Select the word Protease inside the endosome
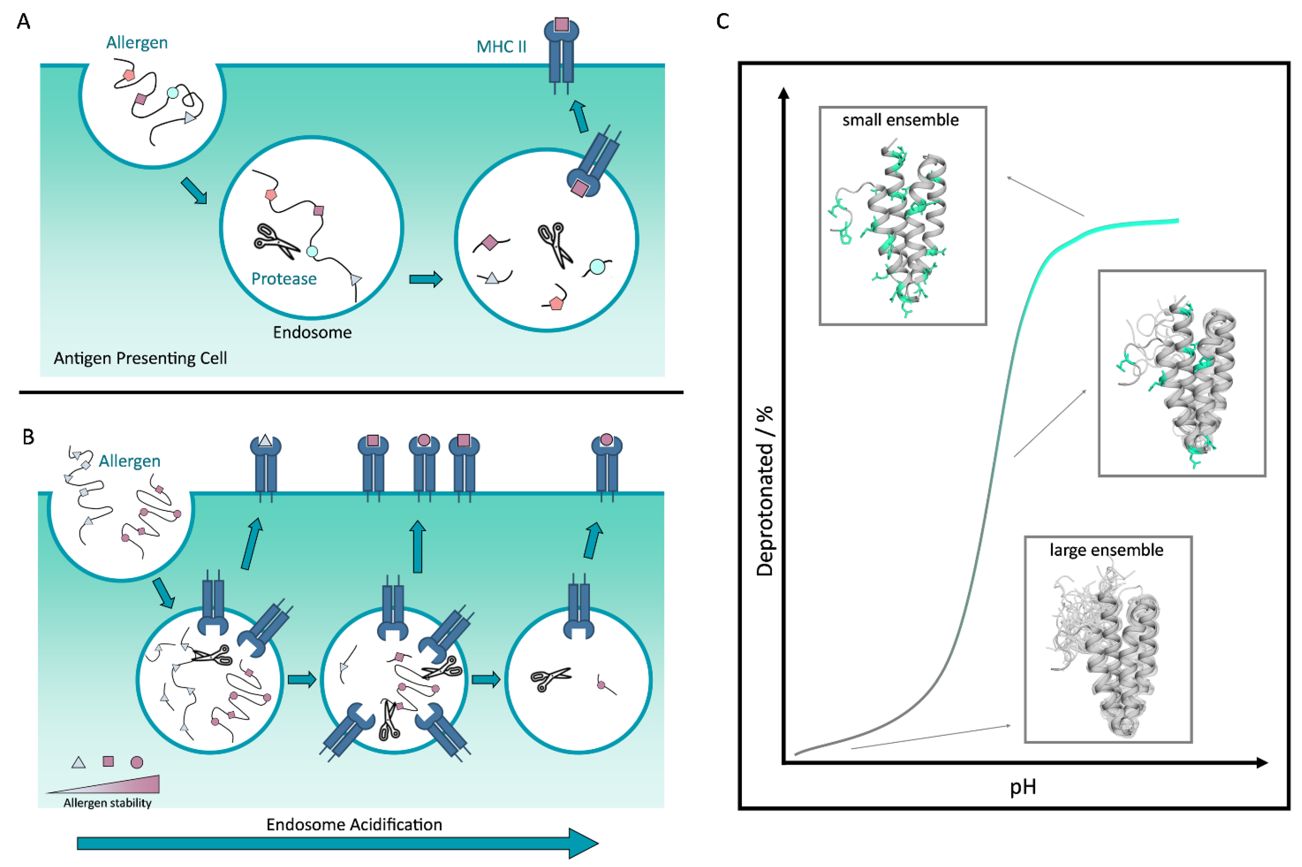point(284,279)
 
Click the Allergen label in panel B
point(129,461)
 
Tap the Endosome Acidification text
point(354,824)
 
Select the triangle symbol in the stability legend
point(79,763)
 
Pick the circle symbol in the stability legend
point(137,763)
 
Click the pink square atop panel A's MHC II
point(561,24)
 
